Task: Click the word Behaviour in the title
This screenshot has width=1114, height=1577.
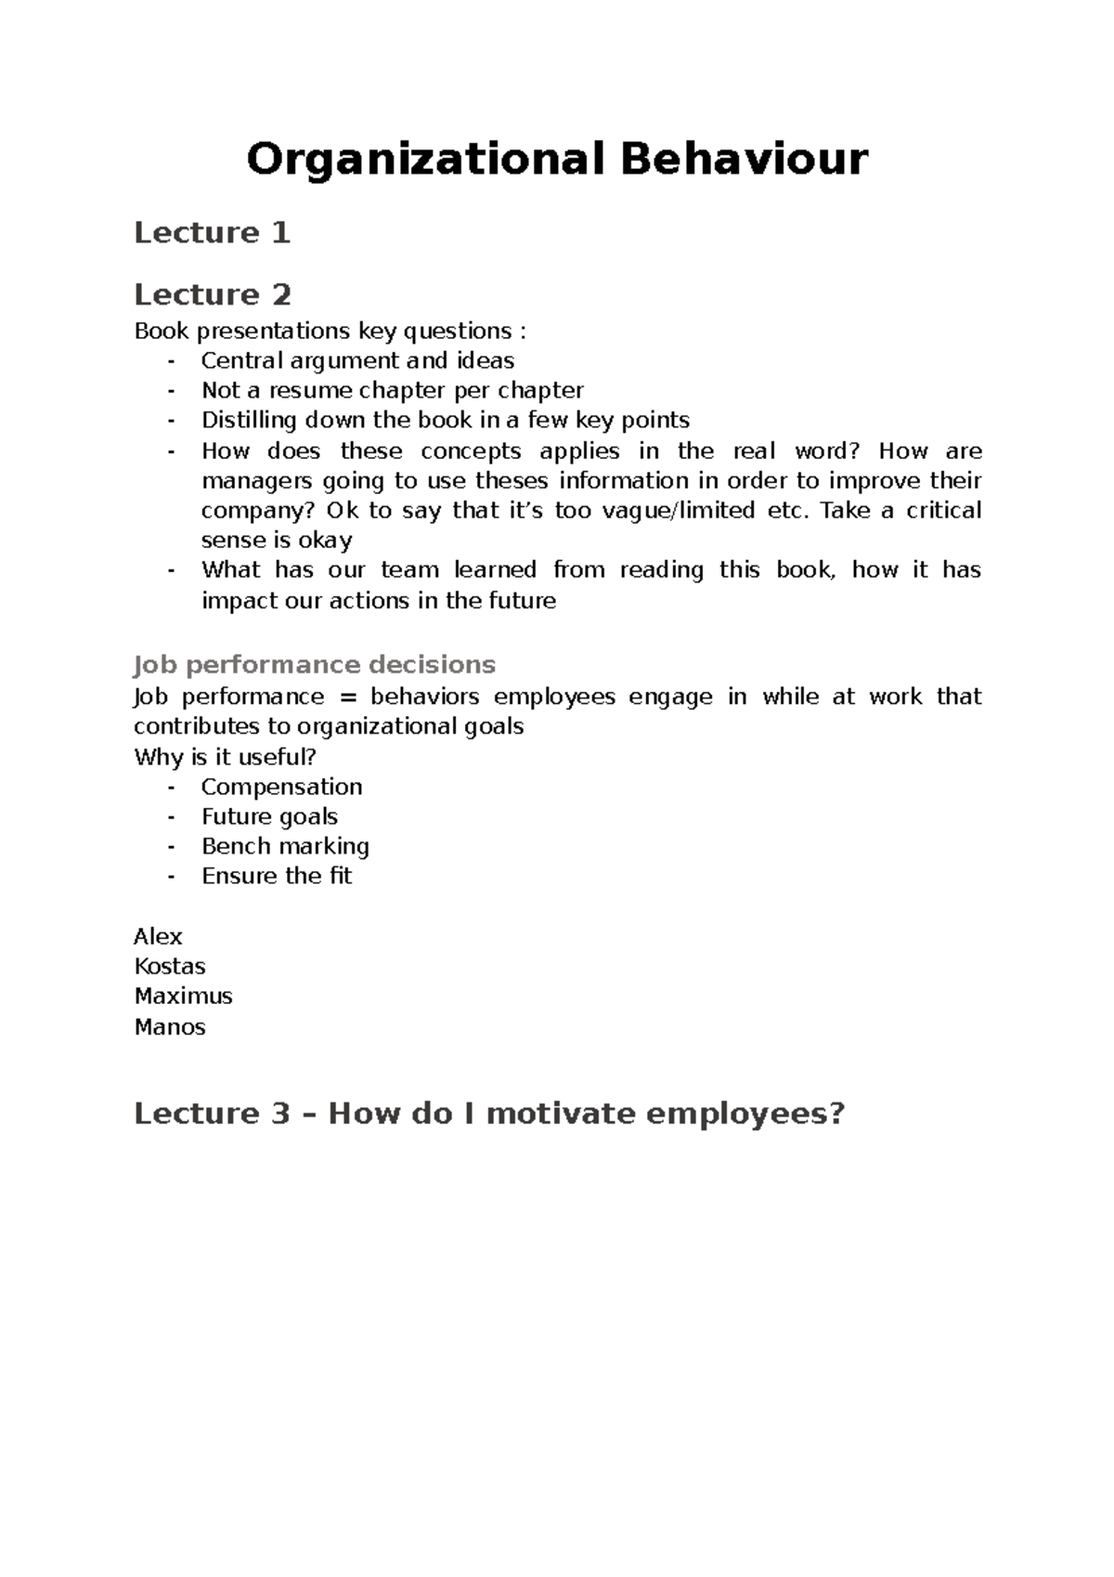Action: click(744, 159)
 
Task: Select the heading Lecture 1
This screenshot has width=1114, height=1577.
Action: click(213, 232)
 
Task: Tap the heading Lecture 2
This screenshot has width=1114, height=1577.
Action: click(213, 294)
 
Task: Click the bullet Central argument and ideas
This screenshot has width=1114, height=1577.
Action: click(357, 360)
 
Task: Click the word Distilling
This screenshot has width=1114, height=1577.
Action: click(249, 420)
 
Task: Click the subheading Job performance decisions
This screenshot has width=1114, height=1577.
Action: click(315, 665)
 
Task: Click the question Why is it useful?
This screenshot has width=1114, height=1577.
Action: click(226, 757)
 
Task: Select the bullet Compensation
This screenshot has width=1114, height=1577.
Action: click(281, 787)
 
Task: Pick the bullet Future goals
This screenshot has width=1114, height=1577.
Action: click(269, 816)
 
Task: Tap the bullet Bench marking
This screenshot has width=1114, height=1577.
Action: click(285, 846)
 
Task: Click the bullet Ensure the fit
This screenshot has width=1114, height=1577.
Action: click(277, 876)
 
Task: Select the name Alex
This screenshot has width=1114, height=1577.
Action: click(158, 936)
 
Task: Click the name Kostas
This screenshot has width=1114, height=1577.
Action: click(170, 966)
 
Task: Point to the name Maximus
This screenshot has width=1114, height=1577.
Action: click(183, 996)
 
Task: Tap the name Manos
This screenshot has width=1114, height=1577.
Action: click(170, 1026)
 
